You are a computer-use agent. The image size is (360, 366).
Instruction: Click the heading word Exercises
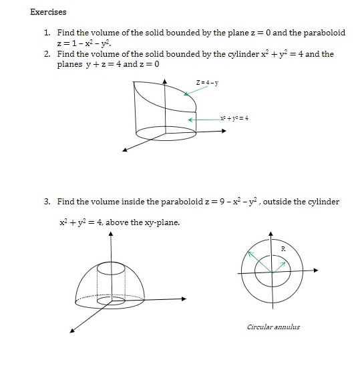click(49, 11)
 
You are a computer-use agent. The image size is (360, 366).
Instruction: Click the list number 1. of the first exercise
click(47, 33)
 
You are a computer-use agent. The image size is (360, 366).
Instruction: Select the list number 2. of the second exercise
click(47, 54)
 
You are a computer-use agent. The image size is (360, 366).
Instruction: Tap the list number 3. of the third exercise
click(47, 201)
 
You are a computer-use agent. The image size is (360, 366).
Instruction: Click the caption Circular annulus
click(273, 327)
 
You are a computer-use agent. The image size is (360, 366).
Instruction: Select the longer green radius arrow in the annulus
click(259, 261)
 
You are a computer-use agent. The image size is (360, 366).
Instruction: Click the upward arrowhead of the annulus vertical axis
click(271, 234)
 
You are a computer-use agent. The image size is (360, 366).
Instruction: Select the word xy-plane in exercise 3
click(161, 222)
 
